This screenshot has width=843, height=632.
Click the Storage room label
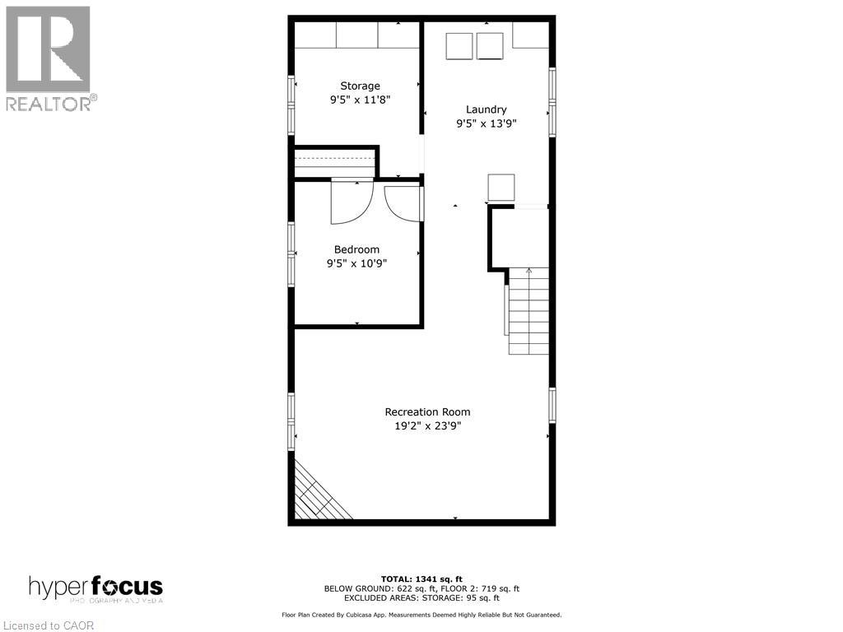[x=361, y=86]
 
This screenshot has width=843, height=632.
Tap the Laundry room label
[x=486, y=109]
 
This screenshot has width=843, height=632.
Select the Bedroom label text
[x=356, y=249]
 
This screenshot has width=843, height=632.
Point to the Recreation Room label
[x=427, y=411]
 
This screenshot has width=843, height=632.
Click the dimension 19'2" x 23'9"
[x=427, y=426]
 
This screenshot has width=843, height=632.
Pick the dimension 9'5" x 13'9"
[x=486, y=124]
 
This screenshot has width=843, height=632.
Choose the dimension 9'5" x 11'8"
[x=361, y=100]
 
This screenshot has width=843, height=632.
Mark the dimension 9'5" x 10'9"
[x=356, y=263]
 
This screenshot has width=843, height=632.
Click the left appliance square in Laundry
[x=459, y=45]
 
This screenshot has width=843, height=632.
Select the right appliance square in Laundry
[x=490, y=45]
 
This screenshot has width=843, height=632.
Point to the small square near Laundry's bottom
[x=501, y=187]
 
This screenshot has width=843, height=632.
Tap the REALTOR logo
[x=49, y=58]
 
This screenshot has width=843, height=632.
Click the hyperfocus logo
[x=95, y=588]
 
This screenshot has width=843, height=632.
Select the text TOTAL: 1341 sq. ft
[x=421, y=579]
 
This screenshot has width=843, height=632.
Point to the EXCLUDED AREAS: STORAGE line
[x=421, y=598]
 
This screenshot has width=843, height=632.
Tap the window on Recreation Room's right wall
[x=552, y=404]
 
